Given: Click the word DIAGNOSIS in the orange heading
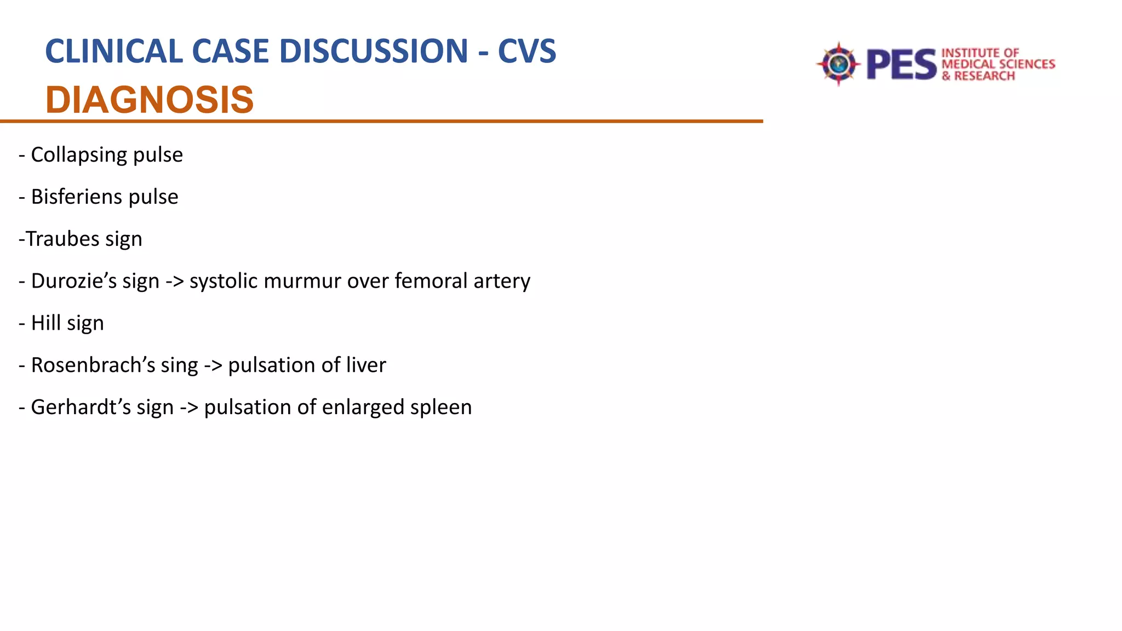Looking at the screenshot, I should (x=150, y=100).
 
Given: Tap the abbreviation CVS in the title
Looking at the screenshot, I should (x=526, y=51).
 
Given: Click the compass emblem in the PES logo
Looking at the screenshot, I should (x=838, y=65).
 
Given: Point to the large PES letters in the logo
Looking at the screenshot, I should (x=901, y=65).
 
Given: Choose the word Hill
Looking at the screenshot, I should (x=46, y=323).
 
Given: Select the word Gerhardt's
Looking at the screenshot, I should (x=81, y=408).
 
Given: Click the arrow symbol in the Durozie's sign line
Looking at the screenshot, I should (x=175, y=282).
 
